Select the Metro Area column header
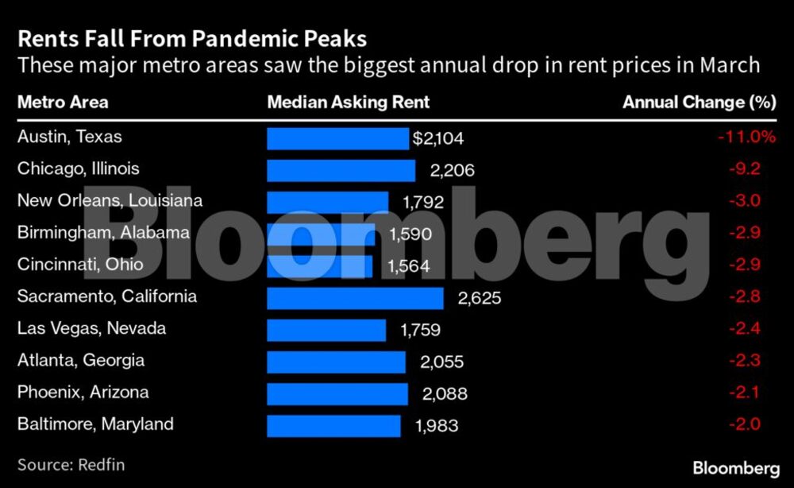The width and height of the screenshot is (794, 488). [x=63, y=102]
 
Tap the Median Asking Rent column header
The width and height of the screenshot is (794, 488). [x=349, y=102]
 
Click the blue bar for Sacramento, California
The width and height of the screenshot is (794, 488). [x=355, y=298]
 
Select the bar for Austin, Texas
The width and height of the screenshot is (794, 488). [x=337, y=138]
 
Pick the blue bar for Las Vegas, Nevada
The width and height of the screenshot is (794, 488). [x=326, y=330]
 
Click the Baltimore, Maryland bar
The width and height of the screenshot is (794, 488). [x=333, y=425]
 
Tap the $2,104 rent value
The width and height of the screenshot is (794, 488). [x=437, y=139]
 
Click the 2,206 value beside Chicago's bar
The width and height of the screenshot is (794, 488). [x=442, y=170]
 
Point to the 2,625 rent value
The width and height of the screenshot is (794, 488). [x=480, y=298]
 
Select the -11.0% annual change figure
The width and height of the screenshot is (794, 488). [x=746, y=137]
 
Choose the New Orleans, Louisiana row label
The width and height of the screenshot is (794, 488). [x=110, y=200]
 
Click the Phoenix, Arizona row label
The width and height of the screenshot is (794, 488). [x=83, y=393]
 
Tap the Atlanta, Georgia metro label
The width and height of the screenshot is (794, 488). [x=81, y=360]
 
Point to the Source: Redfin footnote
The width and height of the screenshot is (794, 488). [x=71, y=464]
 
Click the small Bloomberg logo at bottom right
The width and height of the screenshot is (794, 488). [x=735, y=467]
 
